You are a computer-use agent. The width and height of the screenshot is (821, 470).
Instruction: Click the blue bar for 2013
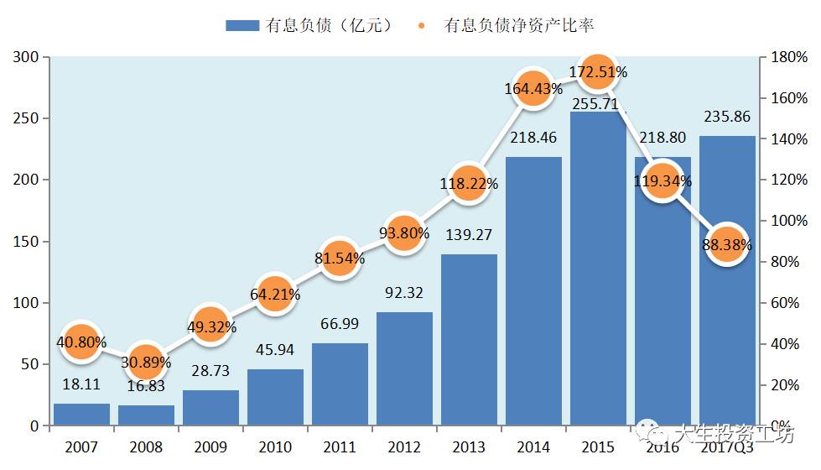469,340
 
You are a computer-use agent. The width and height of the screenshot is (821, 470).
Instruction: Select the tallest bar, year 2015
598,269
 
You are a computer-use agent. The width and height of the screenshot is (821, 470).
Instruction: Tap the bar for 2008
146,415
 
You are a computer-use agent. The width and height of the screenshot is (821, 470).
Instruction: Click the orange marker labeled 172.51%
596,72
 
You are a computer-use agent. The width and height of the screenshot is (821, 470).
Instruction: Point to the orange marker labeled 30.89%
145,362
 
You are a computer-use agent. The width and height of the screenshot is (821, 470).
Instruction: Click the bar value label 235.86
727,117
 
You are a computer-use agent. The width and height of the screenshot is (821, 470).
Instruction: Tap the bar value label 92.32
404,294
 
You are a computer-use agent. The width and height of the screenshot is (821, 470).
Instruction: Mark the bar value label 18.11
81,385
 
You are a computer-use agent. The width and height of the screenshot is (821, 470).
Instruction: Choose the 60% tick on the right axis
789,303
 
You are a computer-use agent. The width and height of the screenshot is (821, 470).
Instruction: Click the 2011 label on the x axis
340,447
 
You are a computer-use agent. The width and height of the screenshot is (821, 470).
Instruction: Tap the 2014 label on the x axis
533,447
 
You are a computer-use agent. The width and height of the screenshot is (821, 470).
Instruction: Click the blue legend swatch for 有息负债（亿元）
242,25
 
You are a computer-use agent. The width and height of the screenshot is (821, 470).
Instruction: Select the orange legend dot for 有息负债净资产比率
421,25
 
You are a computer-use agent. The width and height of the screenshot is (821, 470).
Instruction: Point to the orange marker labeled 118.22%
468,183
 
